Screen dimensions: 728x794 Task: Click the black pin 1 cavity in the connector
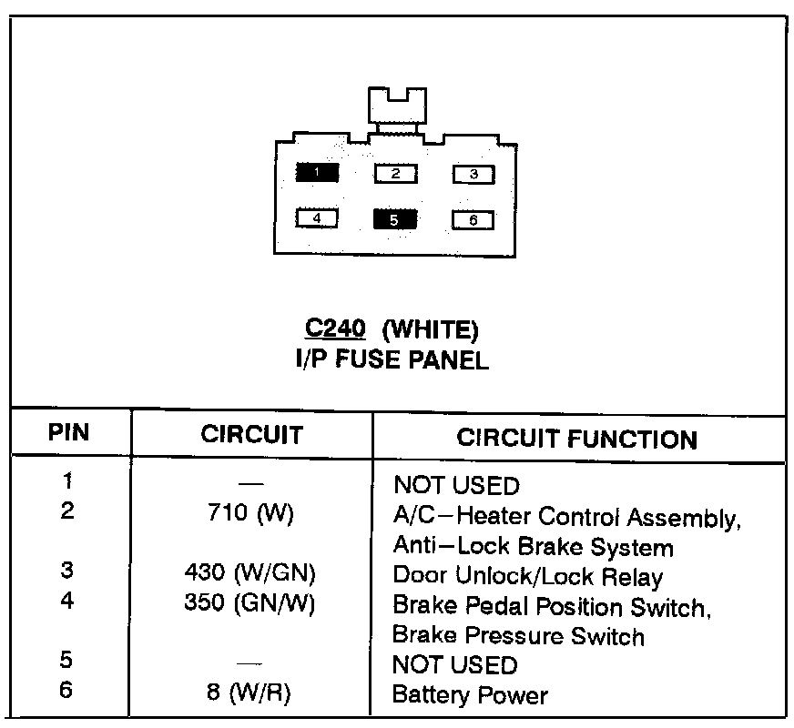tap(316, 172)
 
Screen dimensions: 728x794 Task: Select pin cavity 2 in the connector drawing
tap(395, 173)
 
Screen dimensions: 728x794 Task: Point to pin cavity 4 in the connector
tap(316, 218)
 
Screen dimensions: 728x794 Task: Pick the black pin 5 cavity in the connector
tap(394, 219)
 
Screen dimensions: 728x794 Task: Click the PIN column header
tap(68, 432)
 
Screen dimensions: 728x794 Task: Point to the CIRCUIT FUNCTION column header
tap(576, 439)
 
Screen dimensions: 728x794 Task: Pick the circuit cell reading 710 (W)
tap(250, 514)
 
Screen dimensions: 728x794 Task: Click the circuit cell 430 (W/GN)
tap(250, 575)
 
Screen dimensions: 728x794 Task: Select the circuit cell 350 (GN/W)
tap(250, 604)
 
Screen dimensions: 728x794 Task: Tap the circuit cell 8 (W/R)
tap(250, 695)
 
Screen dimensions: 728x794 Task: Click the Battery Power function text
tap(470, 696)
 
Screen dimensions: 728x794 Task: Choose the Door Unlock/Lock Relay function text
tap(528, 576)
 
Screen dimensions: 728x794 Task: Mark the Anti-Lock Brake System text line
tap(533, 547)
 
